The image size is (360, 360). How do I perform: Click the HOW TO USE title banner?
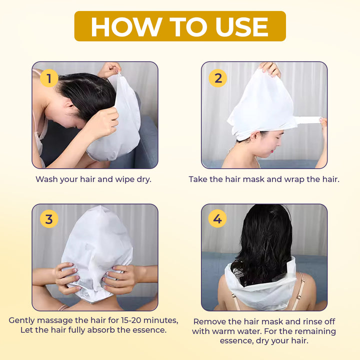pos(180,26)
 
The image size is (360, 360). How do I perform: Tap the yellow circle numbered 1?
pos(48,78)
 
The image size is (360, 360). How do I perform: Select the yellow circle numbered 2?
pos(217,78)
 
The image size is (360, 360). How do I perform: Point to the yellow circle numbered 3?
pos(48,219)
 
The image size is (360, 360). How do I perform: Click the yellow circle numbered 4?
pos(217,218)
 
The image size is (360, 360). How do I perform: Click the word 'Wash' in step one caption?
pos(46,179)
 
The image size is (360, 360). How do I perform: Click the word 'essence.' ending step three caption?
pos(149,330)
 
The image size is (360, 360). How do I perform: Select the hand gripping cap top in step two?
pos(270,68)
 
